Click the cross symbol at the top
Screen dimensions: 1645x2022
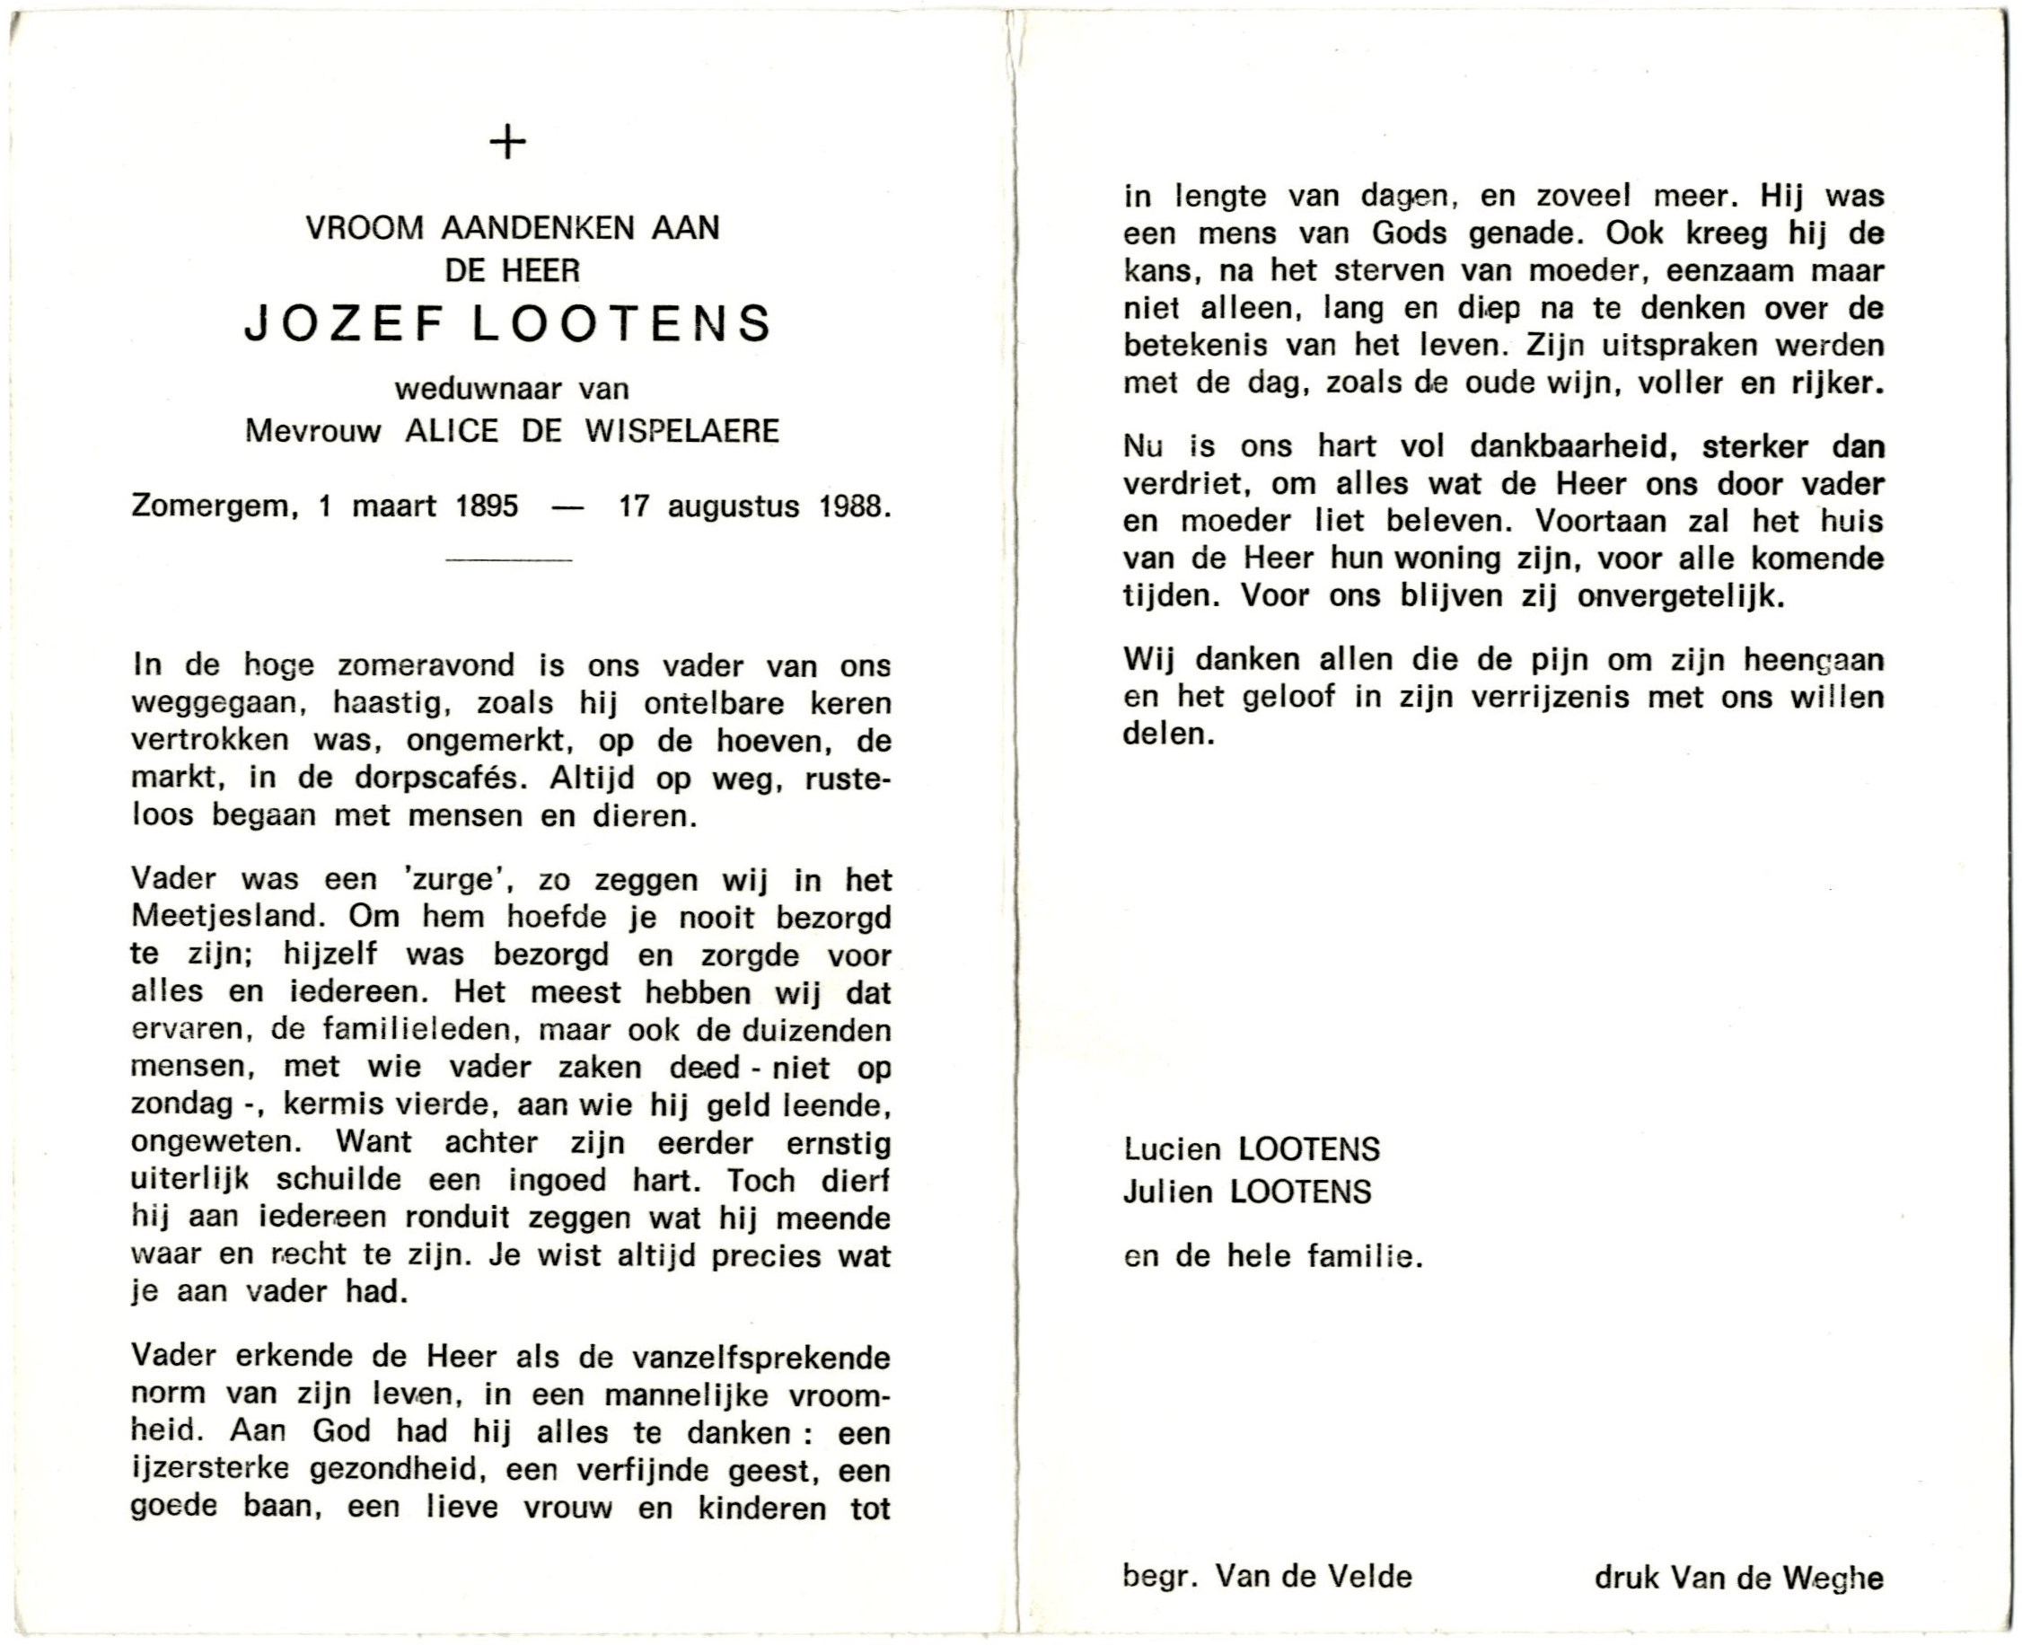point(509,144)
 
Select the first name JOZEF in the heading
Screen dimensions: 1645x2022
point(344,324)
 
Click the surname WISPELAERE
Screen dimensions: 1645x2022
point(681,432)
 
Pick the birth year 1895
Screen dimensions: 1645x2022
point(486,507)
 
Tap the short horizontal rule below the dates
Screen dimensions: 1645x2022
point(509,560)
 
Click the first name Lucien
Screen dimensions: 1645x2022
point(1172,1149)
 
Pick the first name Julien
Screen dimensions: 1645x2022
point(1168,1192)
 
